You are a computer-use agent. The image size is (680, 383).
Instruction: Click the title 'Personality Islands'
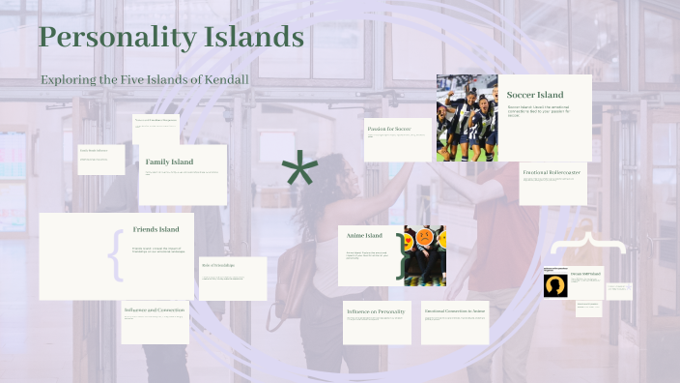(171, 38)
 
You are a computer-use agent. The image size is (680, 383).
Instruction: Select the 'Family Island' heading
(169, 162)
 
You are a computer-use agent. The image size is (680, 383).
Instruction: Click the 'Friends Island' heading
(156, 229)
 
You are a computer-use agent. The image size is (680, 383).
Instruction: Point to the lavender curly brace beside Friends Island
(116, 254)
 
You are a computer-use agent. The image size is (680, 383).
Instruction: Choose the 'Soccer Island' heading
(535, 95)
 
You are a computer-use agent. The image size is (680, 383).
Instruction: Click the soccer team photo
(467, 117)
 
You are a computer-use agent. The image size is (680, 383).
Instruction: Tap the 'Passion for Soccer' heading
(389, 128)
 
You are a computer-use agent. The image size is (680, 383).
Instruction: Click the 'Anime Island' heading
(364, 235)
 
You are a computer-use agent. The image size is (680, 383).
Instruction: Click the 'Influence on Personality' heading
(376, 311)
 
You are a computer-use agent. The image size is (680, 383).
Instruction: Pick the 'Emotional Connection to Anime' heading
(454, 311)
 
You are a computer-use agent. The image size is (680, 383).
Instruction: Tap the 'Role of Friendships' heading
(218, 265)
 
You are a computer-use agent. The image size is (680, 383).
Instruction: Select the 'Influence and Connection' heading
(155, 310)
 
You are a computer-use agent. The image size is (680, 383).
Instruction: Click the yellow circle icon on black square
(555, 285)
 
